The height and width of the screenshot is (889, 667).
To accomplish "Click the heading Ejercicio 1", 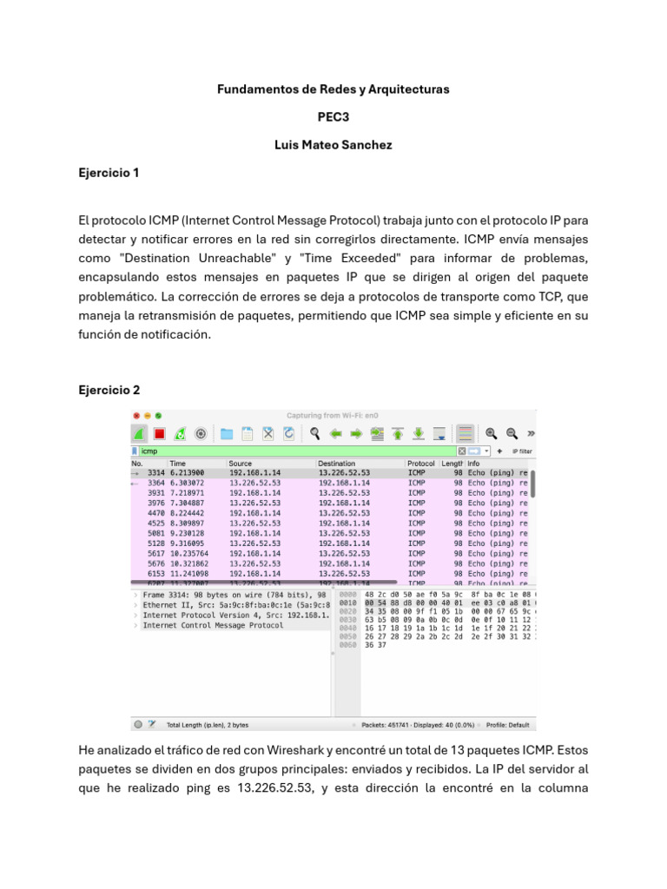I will [x=109, y=173].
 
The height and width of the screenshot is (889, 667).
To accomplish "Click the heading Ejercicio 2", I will [x=109, y=390].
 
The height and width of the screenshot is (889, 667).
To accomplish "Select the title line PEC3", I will [x=333, y=117].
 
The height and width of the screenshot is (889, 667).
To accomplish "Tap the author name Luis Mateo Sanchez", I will [x=333, y=145].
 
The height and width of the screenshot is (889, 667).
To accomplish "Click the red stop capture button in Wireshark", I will [x=160, y=433].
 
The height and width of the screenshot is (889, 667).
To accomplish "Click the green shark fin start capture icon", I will [x=139, y=433].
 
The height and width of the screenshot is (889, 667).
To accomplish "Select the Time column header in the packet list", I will [x=178, y=464].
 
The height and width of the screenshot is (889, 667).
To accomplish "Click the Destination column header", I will [x=336, y=464].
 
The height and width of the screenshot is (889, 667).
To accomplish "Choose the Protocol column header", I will [x=421, y=464].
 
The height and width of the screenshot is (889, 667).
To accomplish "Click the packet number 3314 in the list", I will [x=156, y=473].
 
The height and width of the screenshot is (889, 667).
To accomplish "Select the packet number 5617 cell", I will [x=156, y=553].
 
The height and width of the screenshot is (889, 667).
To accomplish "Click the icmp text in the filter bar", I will [x=149, y=451].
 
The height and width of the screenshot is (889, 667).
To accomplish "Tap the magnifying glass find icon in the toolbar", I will [x=313, y=433].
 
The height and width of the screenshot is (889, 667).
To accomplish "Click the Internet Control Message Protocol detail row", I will [x=213, y=625].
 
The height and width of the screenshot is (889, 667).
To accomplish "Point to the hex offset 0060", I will [x=347, y=645].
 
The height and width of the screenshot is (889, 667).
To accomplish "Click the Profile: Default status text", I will [x=507, y=723].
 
